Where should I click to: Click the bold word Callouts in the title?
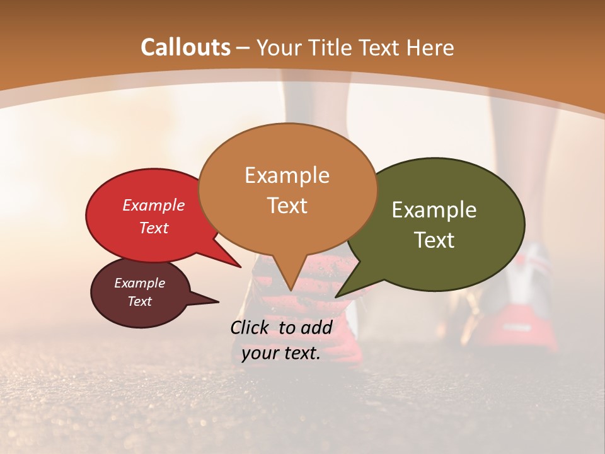pyautogui.click(x=185, y=47)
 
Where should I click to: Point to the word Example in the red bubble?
pyautogui.click(x=153, y=206)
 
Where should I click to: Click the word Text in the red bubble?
pyautogui.click(x=153, y=228)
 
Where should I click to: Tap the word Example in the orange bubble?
pyautogui.click(x=287, y=175)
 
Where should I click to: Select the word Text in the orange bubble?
pyautogui.click(x=287, y=206)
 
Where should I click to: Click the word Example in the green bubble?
pyautogui.click(x=434, y=210)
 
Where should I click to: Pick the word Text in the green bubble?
pyautogui.click(x=434, y=240)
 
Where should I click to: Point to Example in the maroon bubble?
pyautogui.click(x=139, y=283)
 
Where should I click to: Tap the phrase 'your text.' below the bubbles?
pyautogui.click(x=281, y=353)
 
